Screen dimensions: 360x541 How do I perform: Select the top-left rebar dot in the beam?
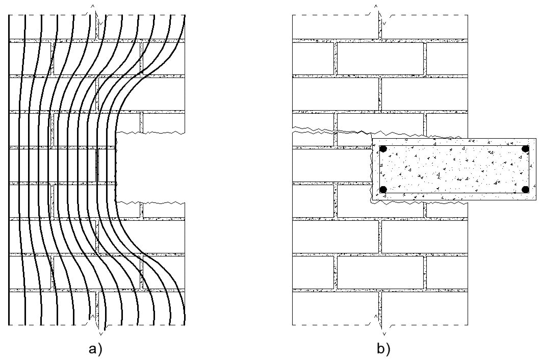tap(383, 149)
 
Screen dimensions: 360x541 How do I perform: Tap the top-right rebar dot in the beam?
tap(525, 149)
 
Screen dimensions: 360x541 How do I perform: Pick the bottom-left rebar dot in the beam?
tap(383, 190)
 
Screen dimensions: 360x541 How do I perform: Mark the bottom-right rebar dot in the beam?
tap(525, 190)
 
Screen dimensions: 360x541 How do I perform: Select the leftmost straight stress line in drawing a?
tap(10, 168)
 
